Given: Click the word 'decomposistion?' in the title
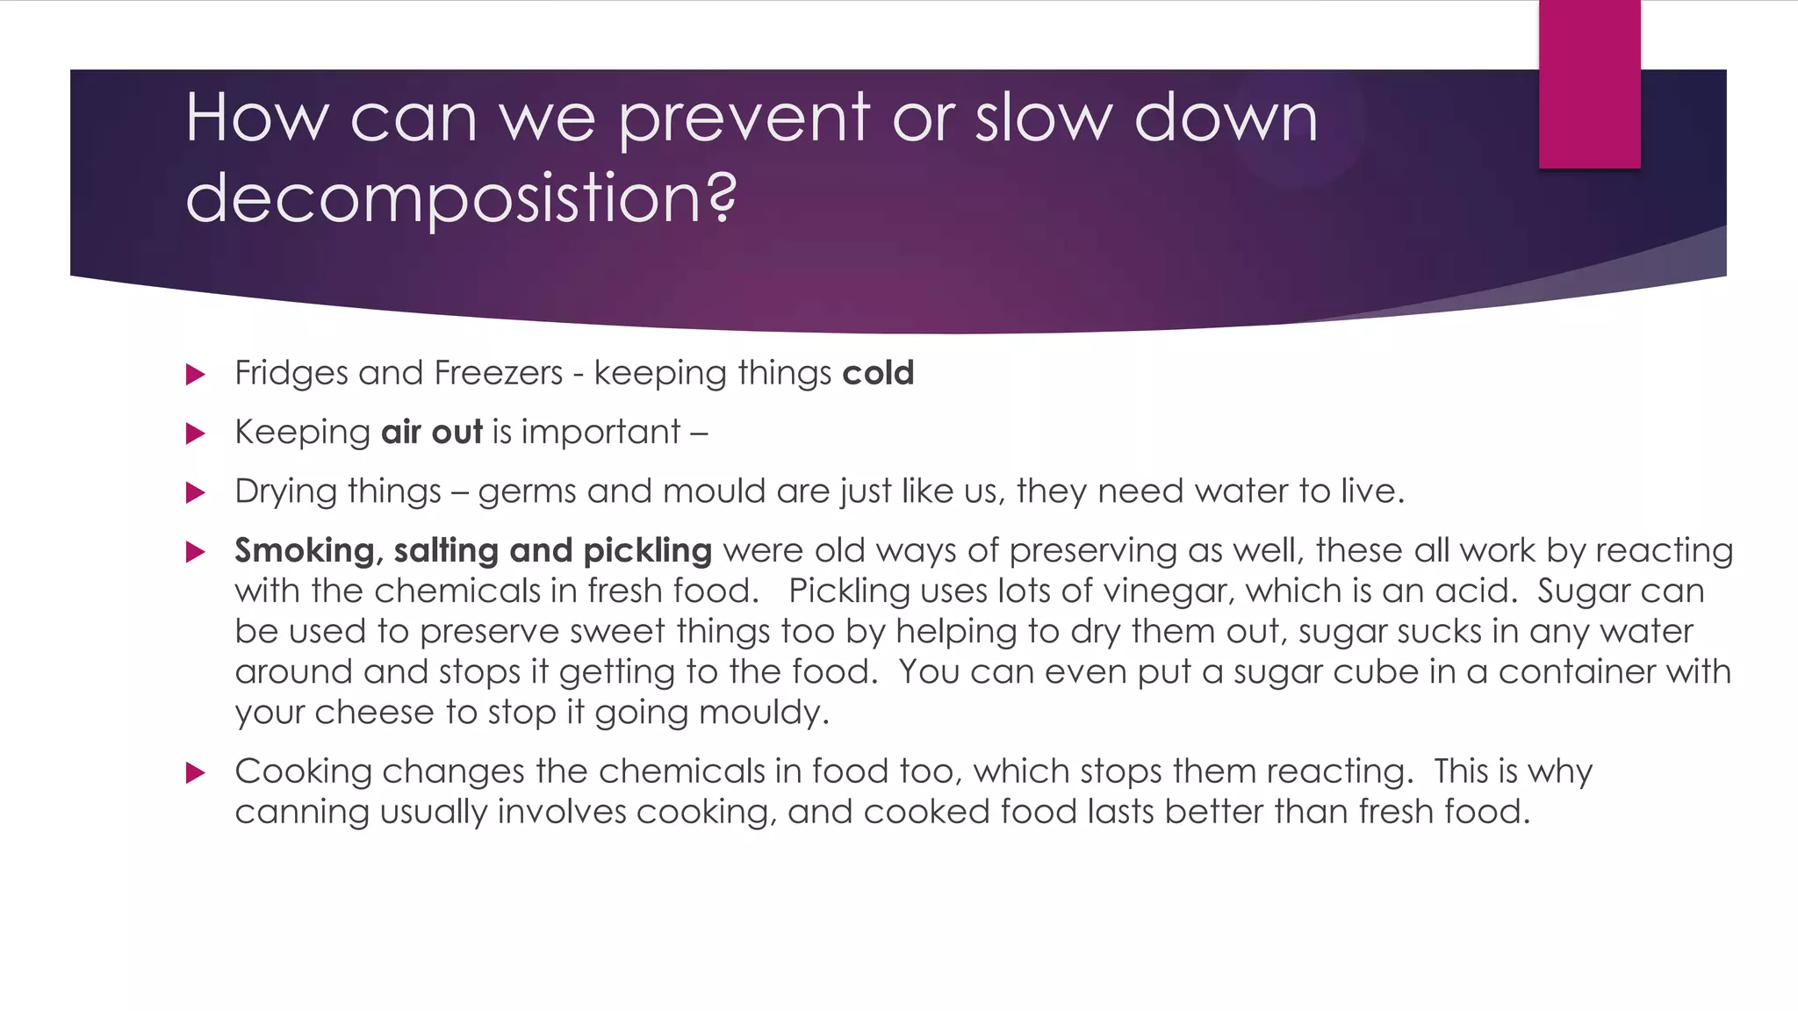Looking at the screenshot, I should [x=461, y=198].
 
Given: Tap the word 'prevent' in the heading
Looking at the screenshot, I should [x=744, y=118].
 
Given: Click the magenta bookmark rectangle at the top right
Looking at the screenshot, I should [x=1589, y=84].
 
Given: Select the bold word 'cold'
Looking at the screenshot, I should [x=878, y=373].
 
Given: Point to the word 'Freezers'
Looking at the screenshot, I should [x=499, y=373].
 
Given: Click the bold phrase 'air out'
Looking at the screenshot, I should [x=432, y=432].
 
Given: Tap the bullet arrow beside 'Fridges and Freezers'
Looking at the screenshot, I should [x=196, y=376].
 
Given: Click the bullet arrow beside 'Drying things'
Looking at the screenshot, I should [x=196, y=493].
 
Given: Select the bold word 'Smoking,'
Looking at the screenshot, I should [x=308, y=551].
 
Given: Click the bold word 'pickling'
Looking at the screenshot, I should [x=647, y=551].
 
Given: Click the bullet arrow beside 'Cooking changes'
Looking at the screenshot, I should [x=196, y=773].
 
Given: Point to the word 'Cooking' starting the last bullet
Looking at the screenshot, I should [x=304, y=771].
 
